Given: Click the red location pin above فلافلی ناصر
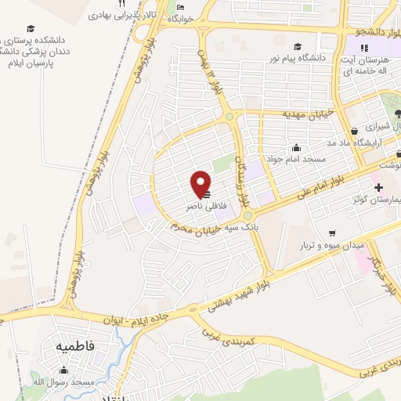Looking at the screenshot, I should pyautogui.click(x=201, y=184).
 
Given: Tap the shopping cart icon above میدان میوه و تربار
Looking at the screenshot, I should pyautogui.click(x=332, y=233).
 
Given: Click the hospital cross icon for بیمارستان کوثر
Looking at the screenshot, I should pyautogui.click(x=378, y=187).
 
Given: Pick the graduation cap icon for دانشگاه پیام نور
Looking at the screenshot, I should pyautogui.click(x=297, y=45).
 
